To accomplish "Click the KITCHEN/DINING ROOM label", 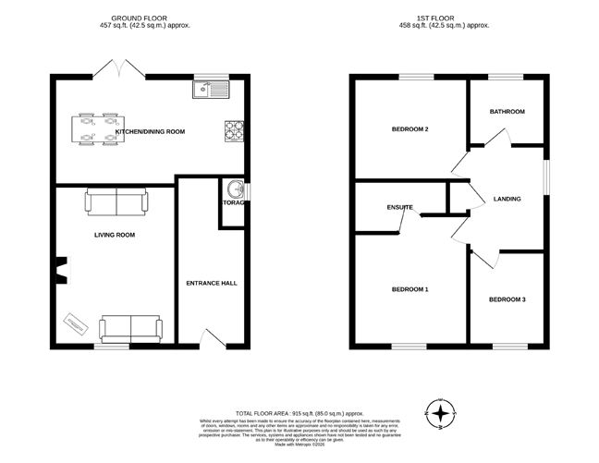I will [x=150, y=131].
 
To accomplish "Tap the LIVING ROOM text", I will [x=115, y=235].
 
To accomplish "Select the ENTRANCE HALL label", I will [x=212, y=283].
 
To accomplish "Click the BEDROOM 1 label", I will [x=410, y=289].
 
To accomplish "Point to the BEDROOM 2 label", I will [x=410, y=128].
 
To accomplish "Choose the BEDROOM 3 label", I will [x=507, y=299].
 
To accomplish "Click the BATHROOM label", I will [x=507, y=111].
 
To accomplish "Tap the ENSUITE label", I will [x=399, y=207].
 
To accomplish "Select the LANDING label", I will [x=507, y=199].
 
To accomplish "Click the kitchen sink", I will [x=212, y=90].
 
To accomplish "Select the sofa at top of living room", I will [x=116, y=201].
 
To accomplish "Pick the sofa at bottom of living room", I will [x=129, y=326].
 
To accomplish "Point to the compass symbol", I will [x=443, y=413].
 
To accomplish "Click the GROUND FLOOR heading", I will [x=150, y=18].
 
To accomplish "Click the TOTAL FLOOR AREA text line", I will [x=299, y=413].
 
